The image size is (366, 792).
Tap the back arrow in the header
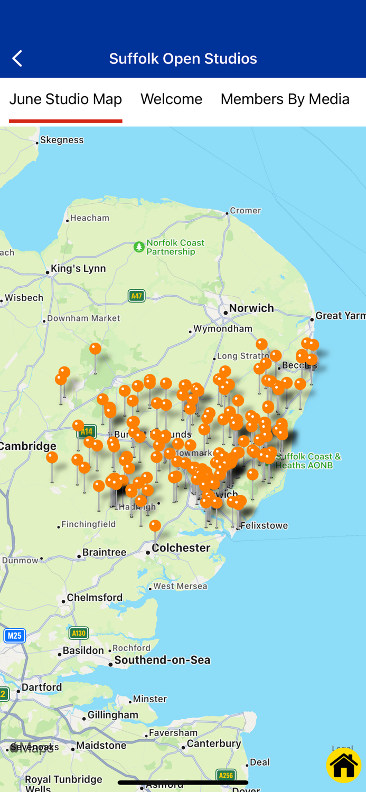pyautogui.click(x=17, y=58)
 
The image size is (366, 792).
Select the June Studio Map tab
pyautogui.click(x=65, y=99)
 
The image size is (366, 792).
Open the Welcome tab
pyautogui.click(x=171, y=99)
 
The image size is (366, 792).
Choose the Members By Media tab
pyautogui.click(x=285, y=99)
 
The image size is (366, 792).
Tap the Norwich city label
pyautogui.click(x=251, y=308)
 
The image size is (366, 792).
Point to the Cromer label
pyautogui.click(x=245, y=211)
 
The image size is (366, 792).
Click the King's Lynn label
pyautogui.click(x=78, y=269)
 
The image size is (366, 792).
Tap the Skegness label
pyautogui.click(x=62, y=140)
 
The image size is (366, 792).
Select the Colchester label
pyautogui.click(x=181, y=548)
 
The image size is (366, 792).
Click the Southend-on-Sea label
pyautogui.click(x=162, y=660)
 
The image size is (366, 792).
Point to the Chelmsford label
pyautogui.click(x=95, y=598)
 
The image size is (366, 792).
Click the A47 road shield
pyautogui.click(x=136, y=296)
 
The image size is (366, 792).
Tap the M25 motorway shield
pyautogui.click(x=14, y=635)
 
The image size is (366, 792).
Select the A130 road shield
pyautogui.click(x=78, y=633)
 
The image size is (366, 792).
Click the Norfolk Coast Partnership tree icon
pyautogui.click(x=139, y=247)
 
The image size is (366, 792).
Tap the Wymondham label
pyautogui.click(x=223, y=328)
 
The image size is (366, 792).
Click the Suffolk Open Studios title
pyautogui.click(x=183, y=58)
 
